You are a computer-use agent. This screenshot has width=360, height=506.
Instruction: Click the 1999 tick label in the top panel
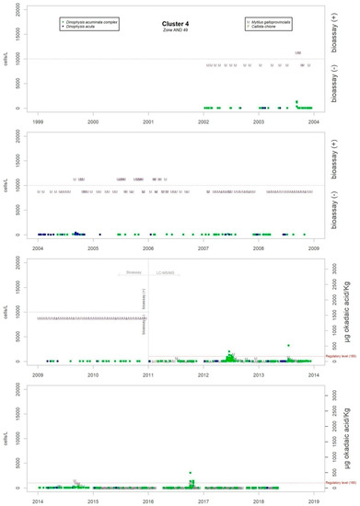tap(37, 121)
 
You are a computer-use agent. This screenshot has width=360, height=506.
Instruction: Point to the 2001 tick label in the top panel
tap(148, 121)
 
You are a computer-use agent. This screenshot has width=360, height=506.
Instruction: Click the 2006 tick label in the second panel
tap(148, 247)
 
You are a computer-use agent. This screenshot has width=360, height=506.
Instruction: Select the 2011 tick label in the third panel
tap(148, 375)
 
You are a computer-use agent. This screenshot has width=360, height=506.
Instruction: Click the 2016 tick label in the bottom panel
tap(148, 502)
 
